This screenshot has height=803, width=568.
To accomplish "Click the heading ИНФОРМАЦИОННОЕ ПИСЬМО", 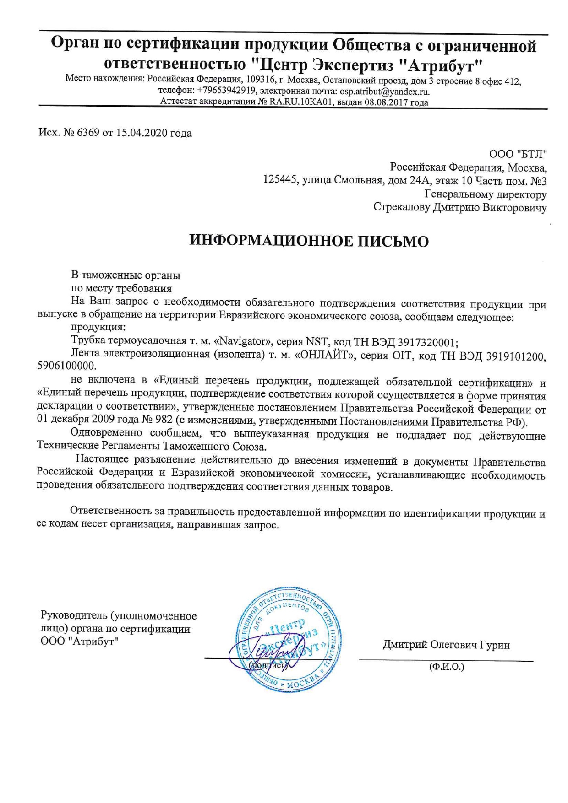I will click(x=309, y=241).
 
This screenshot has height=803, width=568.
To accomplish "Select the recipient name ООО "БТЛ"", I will click(x=518, y=154).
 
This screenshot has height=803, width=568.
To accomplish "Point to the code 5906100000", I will click(x=66, y=366).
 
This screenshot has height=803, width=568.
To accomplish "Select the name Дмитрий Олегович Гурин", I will click(x=446, y=645).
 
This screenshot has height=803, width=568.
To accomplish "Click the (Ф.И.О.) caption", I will click(x=446, y=667).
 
